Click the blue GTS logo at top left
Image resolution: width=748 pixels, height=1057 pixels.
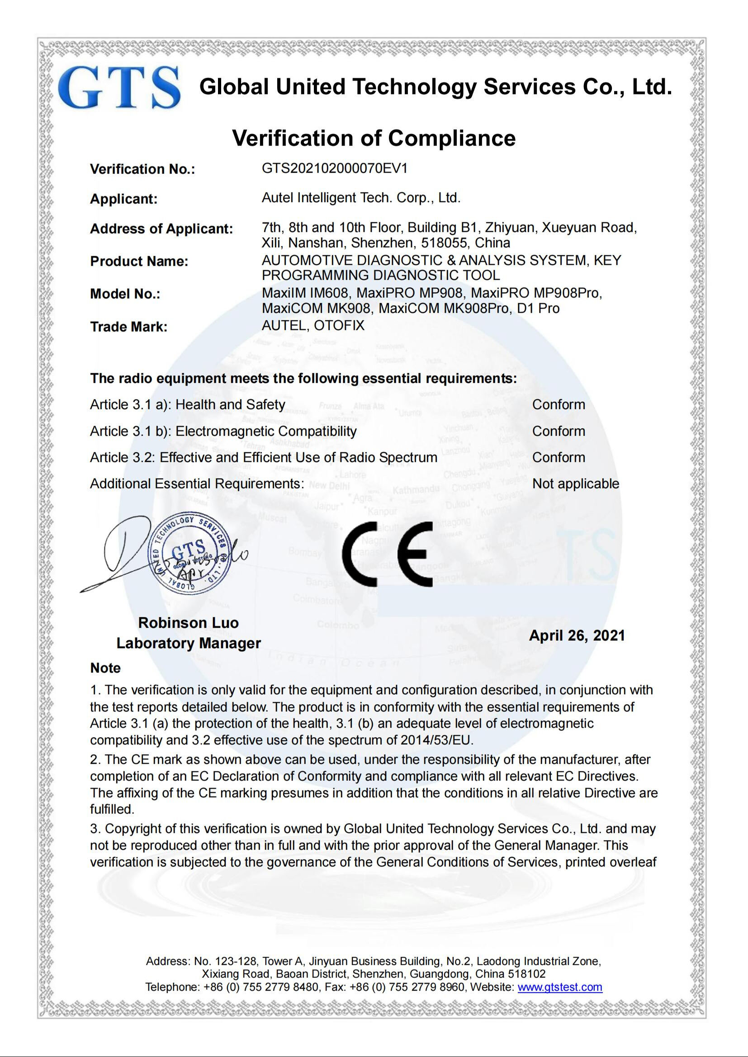(x=119, y=88)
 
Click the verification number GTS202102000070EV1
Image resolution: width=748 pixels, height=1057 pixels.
(x=334, y=169)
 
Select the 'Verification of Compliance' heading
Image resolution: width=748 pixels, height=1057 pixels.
(x=374, y=138)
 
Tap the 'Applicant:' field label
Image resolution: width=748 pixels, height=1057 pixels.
(x=123, y=199)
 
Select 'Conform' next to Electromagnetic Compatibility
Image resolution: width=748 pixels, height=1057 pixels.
(x=558, y=431)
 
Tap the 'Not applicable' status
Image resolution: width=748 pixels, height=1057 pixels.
(x=575, y=484)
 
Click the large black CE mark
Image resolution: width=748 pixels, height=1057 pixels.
(x=388, y=554)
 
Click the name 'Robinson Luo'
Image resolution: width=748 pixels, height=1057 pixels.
(x=189, y=622)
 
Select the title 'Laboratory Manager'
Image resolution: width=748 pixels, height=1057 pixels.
(x=189, y=643)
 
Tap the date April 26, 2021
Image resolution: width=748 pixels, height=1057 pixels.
(x=577, y=635)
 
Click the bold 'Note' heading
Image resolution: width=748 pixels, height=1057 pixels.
(x=105, y=667)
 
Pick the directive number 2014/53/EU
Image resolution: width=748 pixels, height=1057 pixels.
(x=436, y=740)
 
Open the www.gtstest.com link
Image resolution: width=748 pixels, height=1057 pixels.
(x=559, y=987)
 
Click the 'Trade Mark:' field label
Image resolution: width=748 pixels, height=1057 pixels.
(x=128, y=326)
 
